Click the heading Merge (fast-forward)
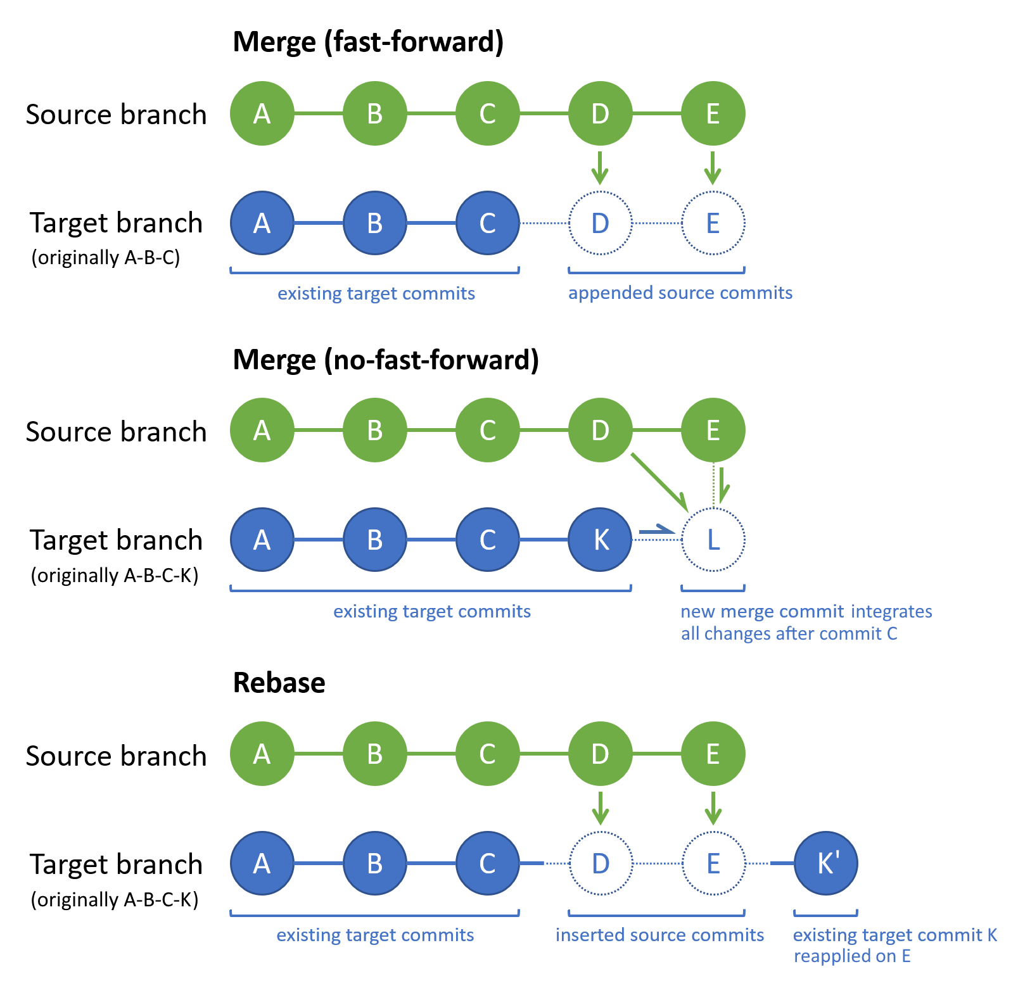pos(368,42)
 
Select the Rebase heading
pos(279,683)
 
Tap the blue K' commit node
pos(826,863)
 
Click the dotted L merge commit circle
pos(713,540)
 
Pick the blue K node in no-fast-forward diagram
pos(601,540)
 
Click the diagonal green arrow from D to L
pos(659,481)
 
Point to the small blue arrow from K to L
pos(656,530)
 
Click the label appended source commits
pos(680,293)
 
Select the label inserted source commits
pos(659,935)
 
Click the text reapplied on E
pos(852,956)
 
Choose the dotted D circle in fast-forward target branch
pos(601,223)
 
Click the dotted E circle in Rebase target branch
pos(713,863)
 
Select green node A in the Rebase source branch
pos(262,754)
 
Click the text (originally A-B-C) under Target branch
pos(106,258)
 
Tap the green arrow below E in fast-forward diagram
pos(713,168)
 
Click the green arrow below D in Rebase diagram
pos(601,808)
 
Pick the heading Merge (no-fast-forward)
pos(386,360)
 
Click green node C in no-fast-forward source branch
pos(488,430)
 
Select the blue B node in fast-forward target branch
pos(375,223)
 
